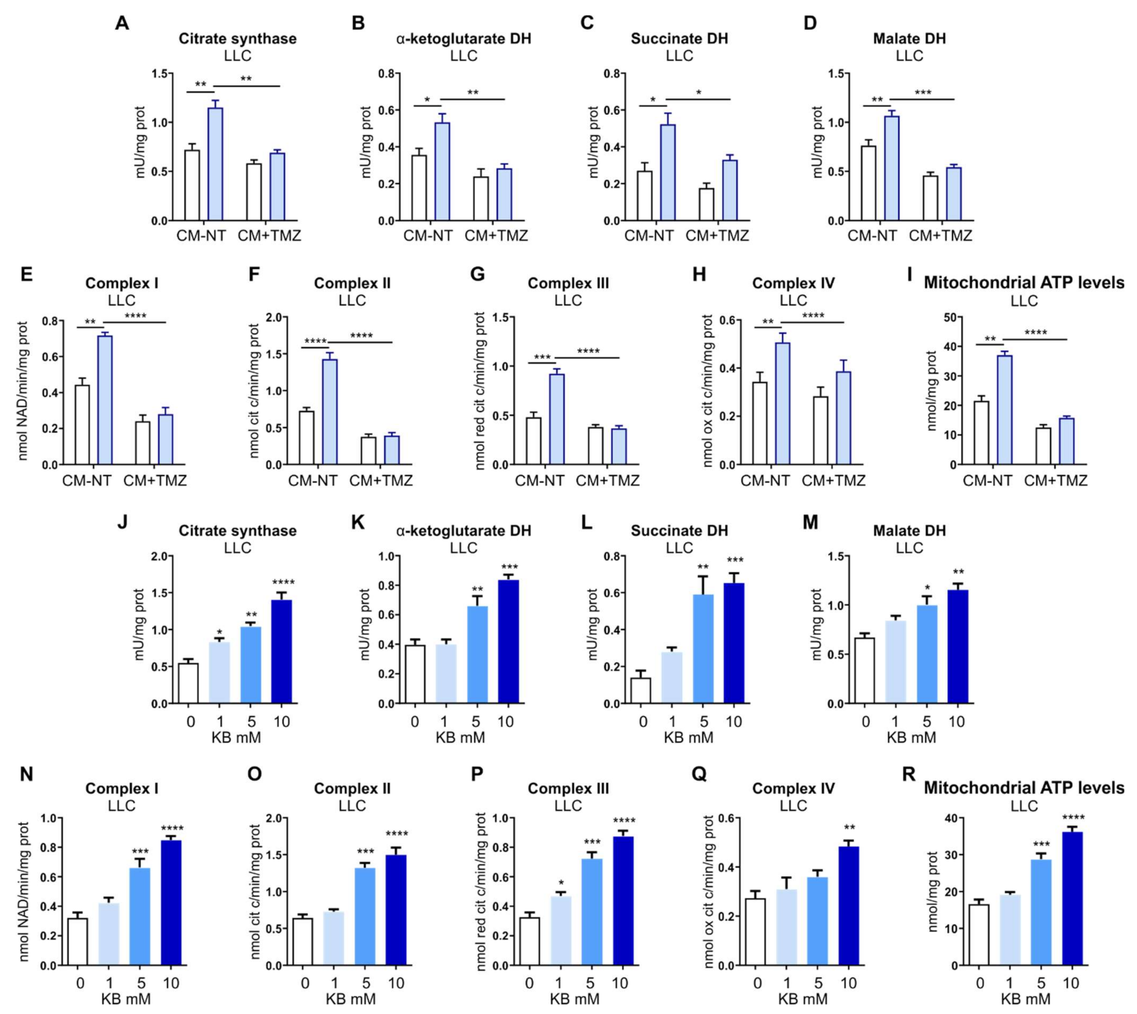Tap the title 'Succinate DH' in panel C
tap(679, 39)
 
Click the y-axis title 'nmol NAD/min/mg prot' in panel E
tap(23, 390)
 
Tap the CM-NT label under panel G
tap(539, 480)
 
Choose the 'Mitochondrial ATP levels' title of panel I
tap(1024, 283)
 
